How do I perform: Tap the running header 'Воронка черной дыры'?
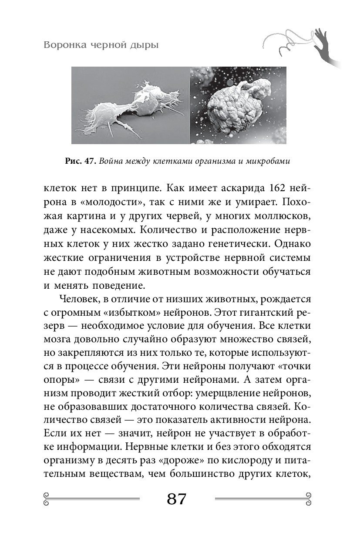[101, 45]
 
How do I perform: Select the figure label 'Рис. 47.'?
[80, 161]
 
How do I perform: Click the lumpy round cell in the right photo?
[233, 111]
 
